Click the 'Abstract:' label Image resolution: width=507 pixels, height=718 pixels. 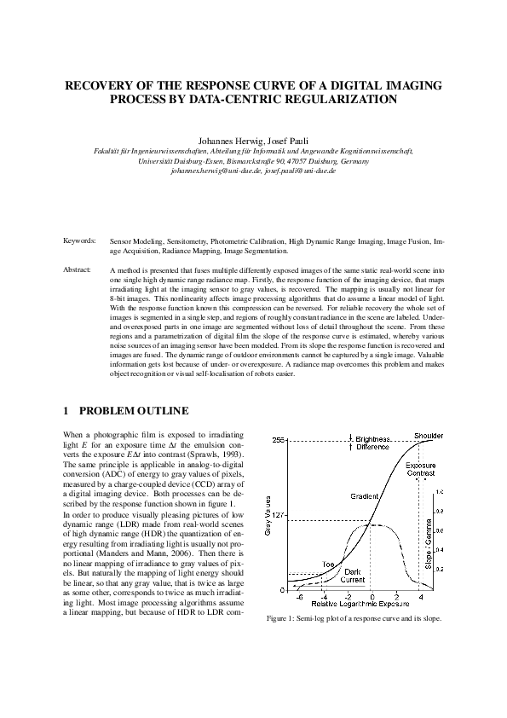78,269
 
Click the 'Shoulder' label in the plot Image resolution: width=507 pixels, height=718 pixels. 428,436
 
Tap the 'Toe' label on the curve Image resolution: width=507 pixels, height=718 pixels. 327,565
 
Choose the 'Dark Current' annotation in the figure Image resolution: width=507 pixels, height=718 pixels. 352,576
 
